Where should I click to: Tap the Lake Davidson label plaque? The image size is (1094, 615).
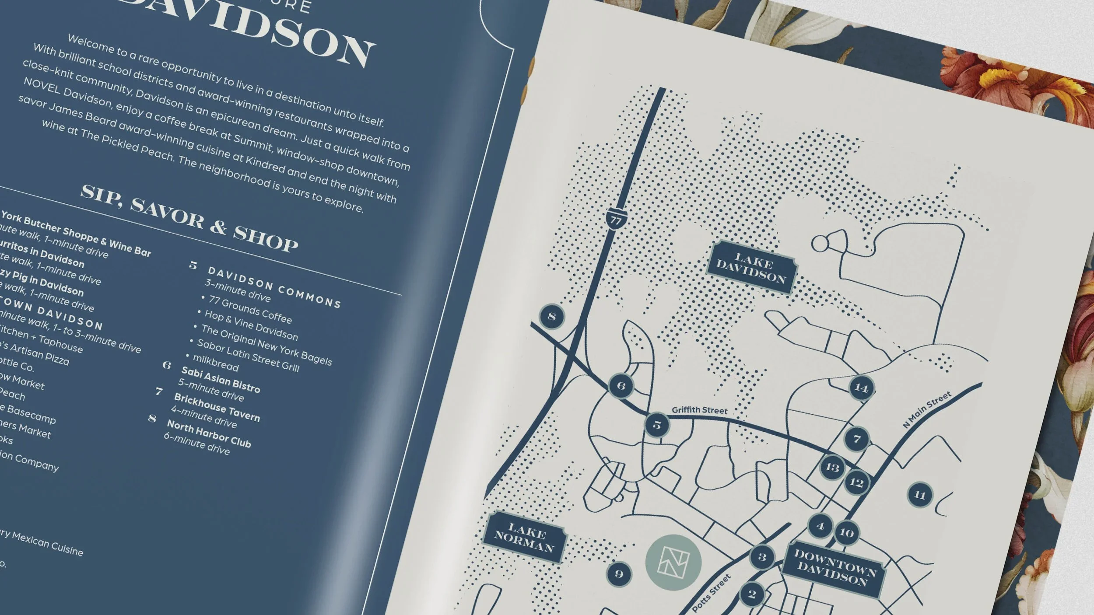[x=751, y=267]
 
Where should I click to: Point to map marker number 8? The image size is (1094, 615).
[x=551, y=316]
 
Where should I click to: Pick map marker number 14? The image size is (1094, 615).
[x=861, y=388]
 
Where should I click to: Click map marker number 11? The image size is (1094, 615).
[x=920, y=495]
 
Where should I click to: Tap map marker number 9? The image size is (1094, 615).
[x=619, y=573]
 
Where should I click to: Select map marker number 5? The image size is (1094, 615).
[x=657, y=425]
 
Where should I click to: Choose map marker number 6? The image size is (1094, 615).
[x=621, y=386]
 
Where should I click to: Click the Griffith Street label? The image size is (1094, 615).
[x=699, y=410]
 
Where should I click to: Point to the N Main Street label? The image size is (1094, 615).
[x=927, y=409]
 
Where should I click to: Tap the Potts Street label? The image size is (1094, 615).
[x=712, y=593]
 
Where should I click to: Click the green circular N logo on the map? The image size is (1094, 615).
[x=673, y=562]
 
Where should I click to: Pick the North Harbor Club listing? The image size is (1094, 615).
[x=209, y=433]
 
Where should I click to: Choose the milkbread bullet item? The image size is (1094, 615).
[x=215, y=363]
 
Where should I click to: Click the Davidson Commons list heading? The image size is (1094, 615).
[x=274, y=287]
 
